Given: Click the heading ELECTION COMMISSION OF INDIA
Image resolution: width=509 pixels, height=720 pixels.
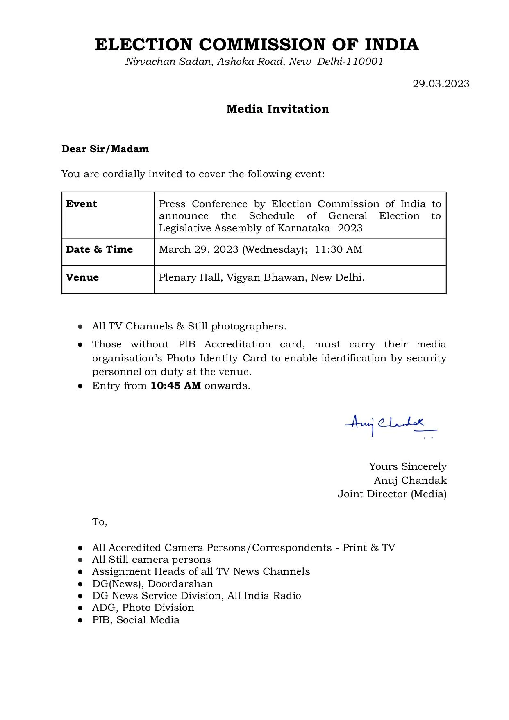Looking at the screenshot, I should pyautogui.click(x=257, y=44).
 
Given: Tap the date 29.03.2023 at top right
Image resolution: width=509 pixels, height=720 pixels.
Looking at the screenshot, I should pyautogui.click(x=441, y=84).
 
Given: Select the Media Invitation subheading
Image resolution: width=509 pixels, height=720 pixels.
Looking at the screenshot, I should pyautogui.click(x=277, y=109).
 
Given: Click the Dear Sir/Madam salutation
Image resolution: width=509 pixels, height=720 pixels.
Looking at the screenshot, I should pyautogui.click(x=105, y=149).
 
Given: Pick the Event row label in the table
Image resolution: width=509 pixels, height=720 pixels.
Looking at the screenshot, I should pyautogui.click(x=82, y=204).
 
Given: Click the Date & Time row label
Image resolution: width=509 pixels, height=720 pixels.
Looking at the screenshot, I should pyautogui.click(x=99, y=249).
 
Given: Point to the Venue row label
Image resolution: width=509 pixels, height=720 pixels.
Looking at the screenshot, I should pyautogui.click(x=82, y=277).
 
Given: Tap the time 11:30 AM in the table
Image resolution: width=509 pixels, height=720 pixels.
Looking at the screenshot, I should pyautogui.click(x=339, y=249).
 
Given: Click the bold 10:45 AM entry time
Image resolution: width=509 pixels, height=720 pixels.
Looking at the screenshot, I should pyautogui.click(x=175, y=386).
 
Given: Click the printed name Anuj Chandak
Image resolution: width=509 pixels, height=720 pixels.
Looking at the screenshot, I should pyautogui.click(x=410, y=480).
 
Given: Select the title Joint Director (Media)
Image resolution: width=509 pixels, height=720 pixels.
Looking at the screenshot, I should pyautogui.click(x=392, y=494).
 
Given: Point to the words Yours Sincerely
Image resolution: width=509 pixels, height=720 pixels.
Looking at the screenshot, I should pyautogui.click(x=408, y=466).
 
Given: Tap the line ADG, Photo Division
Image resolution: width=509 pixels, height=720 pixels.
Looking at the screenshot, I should pyautogui.click(x=143, y=608).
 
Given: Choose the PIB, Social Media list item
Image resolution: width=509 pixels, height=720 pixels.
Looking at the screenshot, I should pyautogui.click(x=136, y=619).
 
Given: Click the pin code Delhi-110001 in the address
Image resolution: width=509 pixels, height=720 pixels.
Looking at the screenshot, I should pyautogui.click(x=350, y=62).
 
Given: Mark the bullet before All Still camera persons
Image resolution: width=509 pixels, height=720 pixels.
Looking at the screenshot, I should pyautogui.click(x=81, y=560).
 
